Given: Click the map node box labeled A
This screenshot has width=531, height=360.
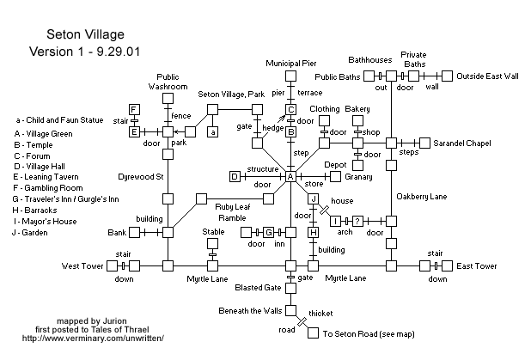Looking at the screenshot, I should click(290, 177).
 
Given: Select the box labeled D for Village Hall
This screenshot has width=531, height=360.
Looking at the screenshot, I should click(235, 177).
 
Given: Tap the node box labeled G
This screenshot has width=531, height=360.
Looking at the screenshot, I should click(268, 233).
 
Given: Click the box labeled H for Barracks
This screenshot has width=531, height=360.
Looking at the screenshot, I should click(314, 233).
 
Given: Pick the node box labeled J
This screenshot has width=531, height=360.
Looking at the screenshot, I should click(314, 199).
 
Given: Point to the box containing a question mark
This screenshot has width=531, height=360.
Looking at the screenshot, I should click(358, 221).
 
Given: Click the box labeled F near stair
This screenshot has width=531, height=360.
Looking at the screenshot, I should click(134, 109).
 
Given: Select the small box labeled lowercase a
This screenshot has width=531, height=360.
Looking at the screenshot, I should click(212, 131).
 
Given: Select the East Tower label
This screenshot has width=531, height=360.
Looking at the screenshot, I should click(478, 266).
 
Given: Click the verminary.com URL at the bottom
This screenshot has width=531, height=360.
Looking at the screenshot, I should click(93, 338).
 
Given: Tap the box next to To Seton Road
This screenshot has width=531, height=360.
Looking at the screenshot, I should click(314, 333).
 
